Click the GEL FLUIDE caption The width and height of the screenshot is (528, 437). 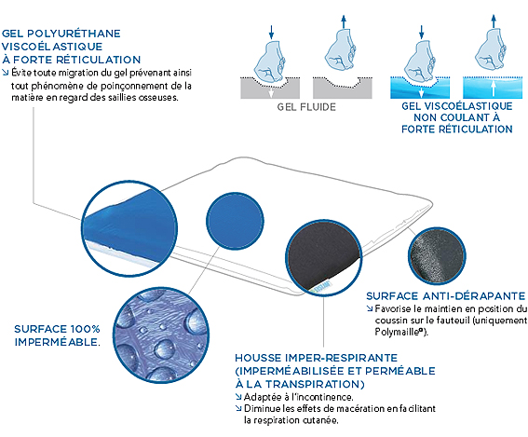[306, 107]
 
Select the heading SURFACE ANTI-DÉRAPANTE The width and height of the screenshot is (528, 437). [445, 295]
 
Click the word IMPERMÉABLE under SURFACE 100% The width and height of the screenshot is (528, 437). [57, 342]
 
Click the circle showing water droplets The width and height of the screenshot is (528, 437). [161, 335]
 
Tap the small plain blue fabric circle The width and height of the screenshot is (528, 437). [235, 221]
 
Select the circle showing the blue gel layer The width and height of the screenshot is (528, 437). [130, 229]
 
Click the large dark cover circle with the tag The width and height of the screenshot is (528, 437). [324, 258]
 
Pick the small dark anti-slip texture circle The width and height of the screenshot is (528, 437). [437, 256]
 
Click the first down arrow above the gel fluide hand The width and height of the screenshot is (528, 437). [271, 32]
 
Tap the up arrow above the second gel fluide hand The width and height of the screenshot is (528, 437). [344, 21]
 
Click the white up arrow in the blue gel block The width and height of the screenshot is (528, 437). [493, 88]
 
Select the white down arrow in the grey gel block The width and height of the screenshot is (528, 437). [271, 92]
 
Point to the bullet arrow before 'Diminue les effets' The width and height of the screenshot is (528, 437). [238, 408]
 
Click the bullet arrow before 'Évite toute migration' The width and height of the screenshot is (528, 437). [5, 72]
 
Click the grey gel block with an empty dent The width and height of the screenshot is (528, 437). [343, 89]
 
